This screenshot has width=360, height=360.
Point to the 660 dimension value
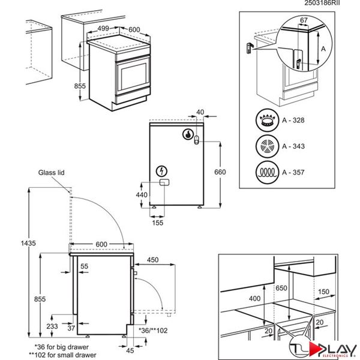tap(221, 173)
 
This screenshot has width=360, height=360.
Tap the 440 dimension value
tap(142, 195)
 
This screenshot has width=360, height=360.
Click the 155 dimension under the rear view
tap(157, 223)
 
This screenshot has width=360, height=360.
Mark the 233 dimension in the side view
tap(52, 326)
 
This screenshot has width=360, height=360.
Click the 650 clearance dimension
tap(280, 289)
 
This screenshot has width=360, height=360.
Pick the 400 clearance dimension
tap(254, 298)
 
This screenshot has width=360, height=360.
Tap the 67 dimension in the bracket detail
tap(304, 20)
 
